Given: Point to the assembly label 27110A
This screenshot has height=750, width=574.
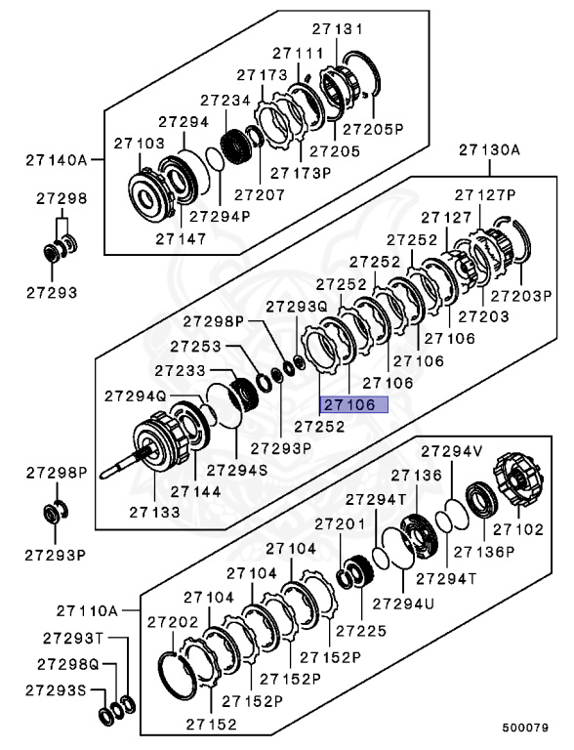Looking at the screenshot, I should (x=86, y=610).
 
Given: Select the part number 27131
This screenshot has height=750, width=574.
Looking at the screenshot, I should (x=336, y=30).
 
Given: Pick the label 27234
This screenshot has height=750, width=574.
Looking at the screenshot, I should (x=225, y=100).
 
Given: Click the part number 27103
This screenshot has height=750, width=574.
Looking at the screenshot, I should (x=139, y=143).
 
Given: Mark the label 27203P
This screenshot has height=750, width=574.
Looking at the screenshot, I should (x=521, y=294).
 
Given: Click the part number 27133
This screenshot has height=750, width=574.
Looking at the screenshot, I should (x=154, y=510).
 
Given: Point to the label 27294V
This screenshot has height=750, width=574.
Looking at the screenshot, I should (x=451, y=451).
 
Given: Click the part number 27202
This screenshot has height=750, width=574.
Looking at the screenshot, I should (x=173, y=621).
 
